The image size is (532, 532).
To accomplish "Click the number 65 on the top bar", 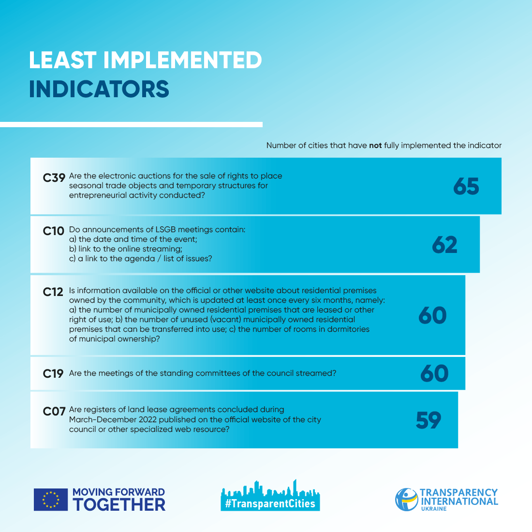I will [x=466, y=187].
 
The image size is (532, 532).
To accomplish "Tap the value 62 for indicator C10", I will [x=444, y=245].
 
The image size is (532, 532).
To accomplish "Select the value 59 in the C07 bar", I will [x=429, y=420].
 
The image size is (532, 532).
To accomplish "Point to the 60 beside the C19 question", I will [x=434, y=373].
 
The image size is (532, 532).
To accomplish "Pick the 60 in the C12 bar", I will [x=432, y=315].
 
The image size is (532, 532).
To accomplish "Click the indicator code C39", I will [x=54, y=178].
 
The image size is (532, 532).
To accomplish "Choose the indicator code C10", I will [x=53, y=231].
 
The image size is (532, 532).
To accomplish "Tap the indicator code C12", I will [x=53, y=292].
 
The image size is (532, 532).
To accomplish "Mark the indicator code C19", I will [x=53, y=373].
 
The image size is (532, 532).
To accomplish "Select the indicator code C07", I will [x=54, y=412].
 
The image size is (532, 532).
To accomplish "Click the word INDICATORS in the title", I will [x=99, y=89].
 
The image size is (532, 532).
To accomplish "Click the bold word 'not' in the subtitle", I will [x=375, y=145].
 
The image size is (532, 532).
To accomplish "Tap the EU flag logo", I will [x=51, y=500].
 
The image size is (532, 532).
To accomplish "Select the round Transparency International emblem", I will [x=406, y=499].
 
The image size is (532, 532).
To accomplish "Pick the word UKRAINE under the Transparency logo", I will [x=433, y=509].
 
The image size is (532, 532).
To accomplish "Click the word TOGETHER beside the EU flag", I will [x=119, y=504].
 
